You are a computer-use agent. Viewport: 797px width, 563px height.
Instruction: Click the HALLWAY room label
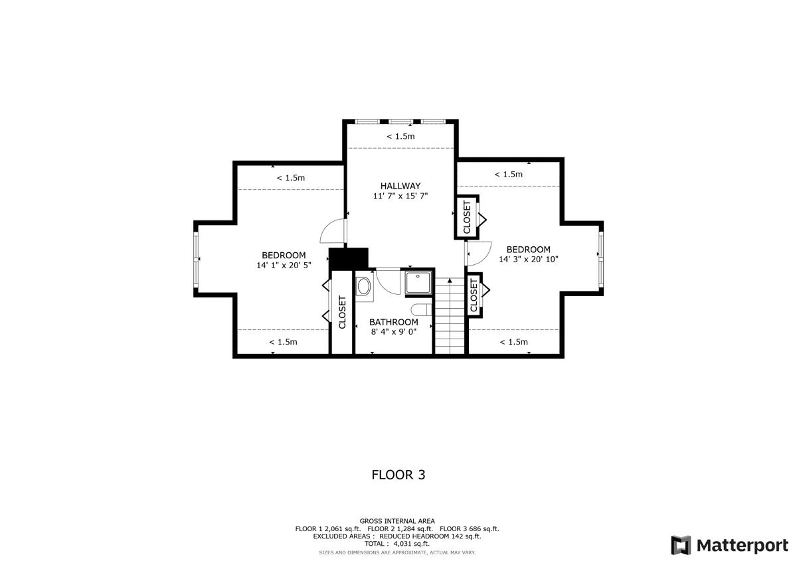click(x=400, y=186)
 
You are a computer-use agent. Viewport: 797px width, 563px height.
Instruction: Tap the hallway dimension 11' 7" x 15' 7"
click(x=400, y=197)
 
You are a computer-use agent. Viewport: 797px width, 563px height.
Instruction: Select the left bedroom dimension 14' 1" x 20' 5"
click(x=284, y=266)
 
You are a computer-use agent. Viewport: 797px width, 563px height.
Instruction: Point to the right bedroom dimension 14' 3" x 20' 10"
click(x=529, y=260)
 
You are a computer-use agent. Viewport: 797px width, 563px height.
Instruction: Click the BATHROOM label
click(x=394, y=322)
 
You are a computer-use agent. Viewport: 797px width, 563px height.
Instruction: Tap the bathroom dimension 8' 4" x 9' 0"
click(x=394, y=332)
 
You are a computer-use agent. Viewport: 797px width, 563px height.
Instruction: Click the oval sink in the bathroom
click(x=364, y=287)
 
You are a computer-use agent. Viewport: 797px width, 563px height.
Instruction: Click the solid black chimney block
click(x=349, y=257)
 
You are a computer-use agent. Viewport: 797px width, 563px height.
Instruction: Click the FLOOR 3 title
click(x=398, y=475)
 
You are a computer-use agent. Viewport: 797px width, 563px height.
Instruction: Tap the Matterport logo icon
click(x=681, y=545)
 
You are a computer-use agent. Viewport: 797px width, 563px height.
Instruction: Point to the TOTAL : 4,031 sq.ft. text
click(x=397, y=544)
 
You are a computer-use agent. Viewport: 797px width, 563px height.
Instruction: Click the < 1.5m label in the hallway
click(x=400, y=137)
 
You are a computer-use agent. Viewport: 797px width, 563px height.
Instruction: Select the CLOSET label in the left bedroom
click(x=343, y=312)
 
